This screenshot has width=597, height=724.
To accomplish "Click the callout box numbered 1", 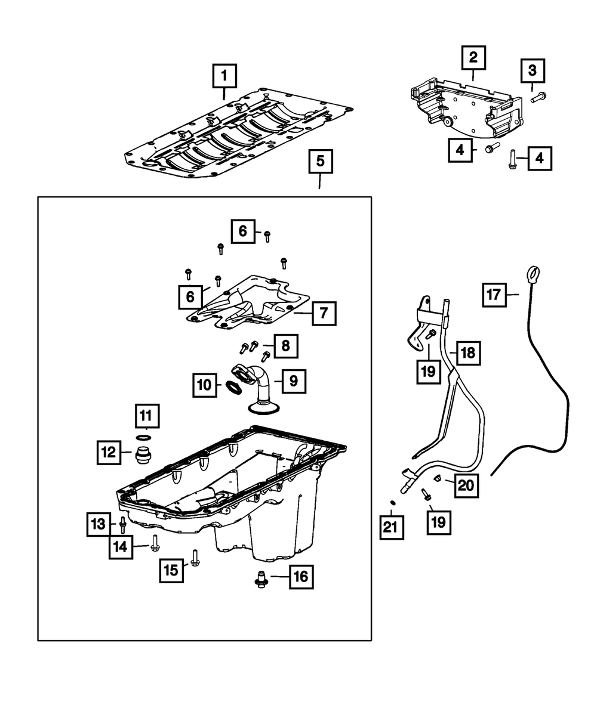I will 224,76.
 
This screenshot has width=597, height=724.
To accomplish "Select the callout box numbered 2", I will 473,58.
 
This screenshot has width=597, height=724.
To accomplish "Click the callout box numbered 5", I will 320,161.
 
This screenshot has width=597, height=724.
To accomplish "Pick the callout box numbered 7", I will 322,313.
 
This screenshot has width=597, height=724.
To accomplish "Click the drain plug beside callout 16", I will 261,578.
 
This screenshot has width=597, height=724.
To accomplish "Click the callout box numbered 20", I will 466,486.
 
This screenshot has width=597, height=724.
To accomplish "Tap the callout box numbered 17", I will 494,294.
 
